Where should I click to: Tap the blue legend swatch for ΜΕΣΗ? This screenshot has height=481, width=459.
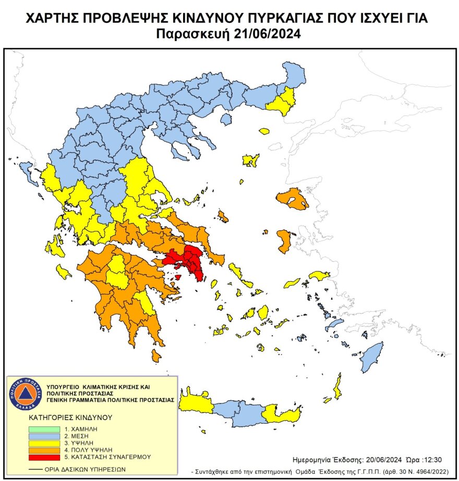44,435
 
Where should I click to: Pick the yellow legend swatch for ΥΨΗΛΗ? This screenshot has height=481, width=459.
44,442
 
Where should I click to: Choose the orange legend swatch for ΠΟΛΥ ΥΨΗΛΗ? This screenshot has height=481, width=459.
44,449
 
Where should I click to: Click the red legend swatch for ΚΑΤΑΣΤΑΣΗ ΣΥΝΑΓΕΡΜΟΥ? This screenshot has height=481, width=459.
44,457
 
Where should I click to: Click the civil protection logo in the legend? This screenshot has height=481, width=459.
25,394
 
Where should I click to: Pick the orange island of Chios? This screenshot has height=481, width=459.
284,240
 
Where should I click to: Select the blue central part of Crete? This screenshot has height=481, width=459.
240,413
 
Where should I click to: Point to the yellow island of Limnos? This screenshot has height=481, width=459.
251,160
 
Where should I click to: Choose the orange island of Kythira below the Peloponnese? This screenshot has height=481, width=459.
155,356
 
